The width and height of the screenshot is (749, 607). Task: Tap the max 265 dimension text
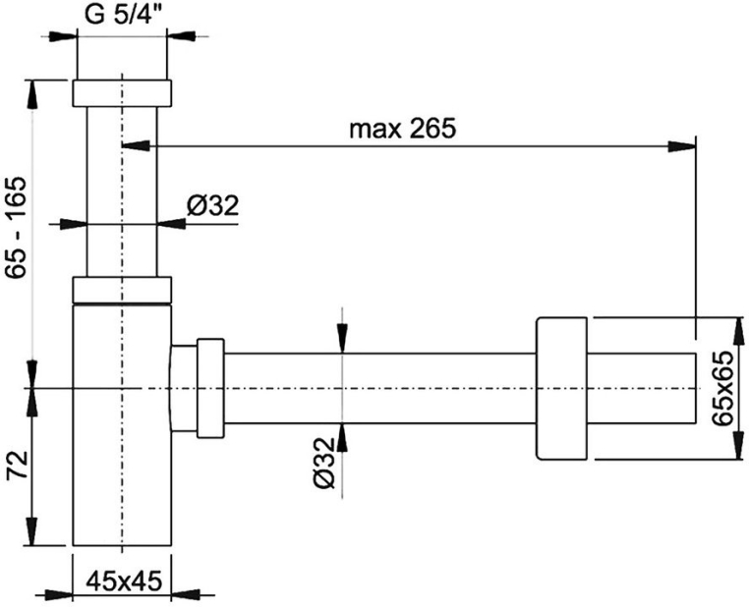click(403, 129)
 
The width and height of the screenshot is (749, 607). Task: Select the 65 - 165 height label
click(17, 228)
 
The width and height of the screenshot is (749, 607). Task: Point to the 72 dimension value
click(18, 468)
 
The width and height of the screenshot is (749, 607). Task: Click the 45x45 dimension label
click(124, 581)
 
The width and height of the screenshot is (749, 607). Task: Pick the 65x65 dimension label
click(721, 388)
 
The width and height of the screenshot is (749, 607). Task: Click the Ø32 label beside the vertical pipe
click(212, 205)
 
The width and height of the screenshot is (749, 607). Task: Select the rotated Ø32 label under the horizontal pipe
click(324, 463)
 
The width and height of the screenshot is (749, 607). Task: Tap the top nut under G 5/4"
click(122, 93)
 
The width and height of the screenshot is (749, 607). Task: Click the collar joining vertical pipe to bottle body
click(122, 289)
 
